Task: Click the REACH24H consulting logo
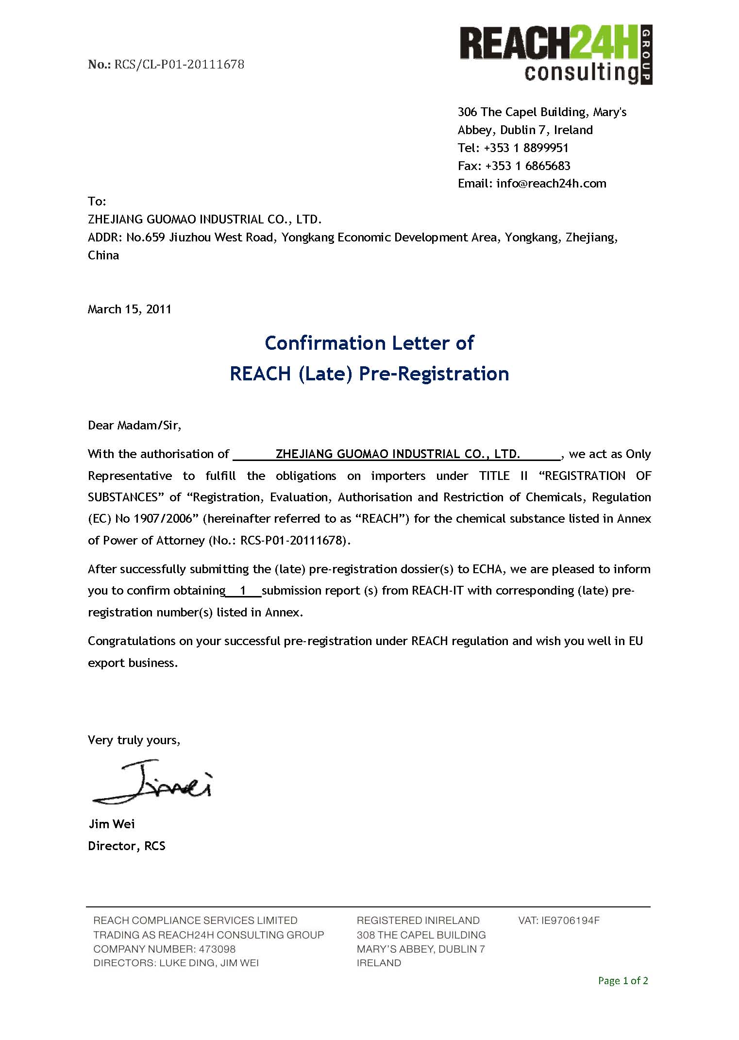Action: pos(555,55)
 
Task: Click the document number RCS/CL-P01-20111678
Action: pos(179,64)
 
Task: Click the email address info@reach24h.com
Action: pos(551,184)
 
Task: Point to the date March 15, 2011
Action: pos(129,309)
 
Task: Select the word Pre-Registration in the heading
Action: pos(434,374)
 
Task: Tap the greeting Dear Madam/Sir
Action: pos(134,426)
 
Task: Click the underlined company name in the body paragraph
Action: pos(397,454)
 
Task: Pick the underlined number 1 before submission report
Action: pos(243,591)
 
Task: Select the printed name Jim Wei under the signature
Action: pos(112,824)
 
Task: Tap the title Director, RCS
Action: pos(126,846)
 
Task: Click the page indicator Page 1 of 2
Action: pos(622,981)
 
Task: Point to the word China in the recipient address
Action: pos(103,256)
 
